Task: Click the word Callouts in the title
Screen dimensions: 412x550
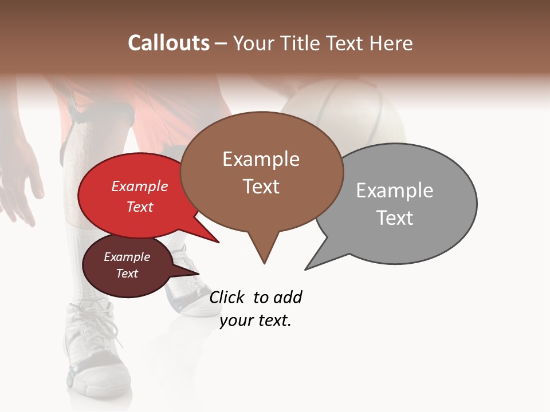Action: click(x=168, y=43)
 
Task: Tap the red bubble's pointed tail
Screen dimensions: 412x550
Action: click(x=206, y=232)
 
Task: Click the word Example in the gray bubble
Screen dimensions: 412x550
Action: click(x=394, y=191)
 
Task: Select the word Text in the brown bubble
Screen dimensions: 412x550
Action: click(x=261, y=187)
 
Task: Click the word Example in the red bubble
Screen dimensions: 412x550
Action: click(x=139, y=186)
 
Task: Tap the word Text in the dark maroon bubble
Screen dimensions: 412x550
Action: click(x=127, y=274)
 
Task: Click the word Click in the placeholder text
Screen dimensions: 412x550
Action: click(x=227, y=297)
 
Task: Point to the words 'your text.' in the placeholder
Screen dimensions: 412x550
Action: click(x=256, y=320)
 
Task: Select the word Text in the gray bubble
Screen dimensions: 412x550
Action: click(x=395, y=218)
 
